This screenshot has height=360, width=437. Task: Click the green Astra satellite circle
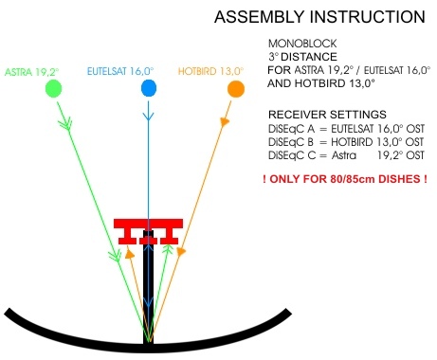tap(53, 88)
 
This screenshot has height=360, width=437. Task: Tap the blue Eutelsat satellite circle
tap(149, 88)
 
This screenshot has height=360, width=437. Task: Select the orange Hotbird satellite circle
tap(236, 89)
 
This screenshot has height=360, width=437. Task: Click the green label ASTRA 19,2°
tap(32, 72)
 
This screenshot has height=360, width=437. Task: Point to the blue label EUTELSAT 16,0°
tap(120, 71)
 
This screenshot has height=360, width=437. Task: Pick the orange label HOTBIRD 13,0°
tap(211, 71)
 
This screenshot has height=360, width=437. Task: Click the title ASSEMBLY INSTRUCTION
tap(319, 17)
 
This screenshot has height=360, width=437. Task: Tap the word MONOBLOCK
tap(302, 44)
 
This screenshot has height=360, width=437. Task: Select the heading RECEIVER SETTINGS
tap(327, 114)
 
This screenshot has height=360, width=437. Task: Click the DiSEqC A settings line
tap(346, 129)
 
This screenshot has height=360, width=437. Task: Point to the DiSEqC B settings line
tap(346, 142)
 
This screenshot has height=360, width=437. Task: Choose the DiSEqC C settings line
tap(346, 155)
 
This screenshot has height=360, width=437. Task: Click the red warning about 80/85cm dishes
tap(345, 179)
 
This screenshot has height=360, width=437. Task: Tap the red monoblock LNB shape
tap(148, 231)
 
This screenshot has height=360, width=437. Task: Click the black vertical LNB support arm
tap(148, 287)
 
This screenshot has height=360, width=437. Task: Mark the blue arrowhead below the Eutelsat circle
tap(148, 116)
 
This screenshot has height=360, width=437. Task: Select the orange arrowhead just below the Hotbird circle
tap(225, 122)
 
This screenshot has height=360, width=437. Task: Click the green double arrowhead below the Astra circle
tap(65, 123)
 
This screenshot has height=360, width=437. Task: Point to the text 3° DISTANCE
tap(302, 57)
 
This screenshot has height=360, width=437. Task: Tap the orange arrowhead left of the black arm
tap(130, 253)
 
